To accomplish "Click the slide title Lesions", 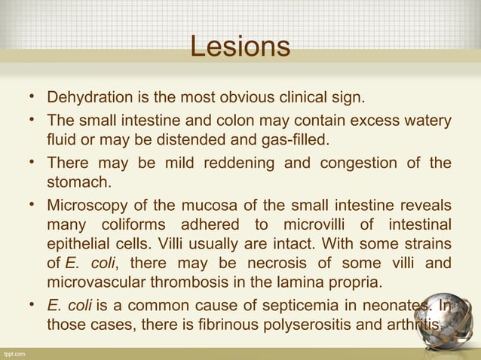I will point(240,47).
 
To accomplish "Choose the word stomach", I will point(76,183).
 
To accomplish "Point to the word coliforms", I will point(136,226).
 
